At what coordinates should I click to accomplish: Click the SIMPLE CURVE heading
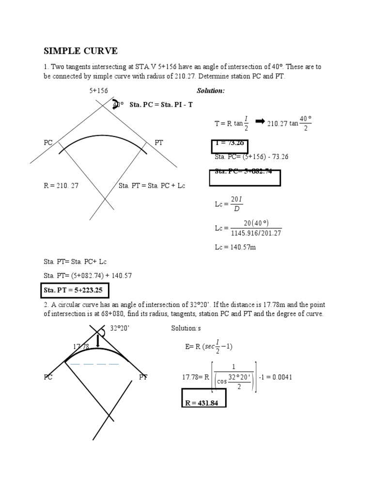tap(81, 51)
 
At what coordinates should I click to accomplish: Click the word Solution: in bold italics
tap(210, 91)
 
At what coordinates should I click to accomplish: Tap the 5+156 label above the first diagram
tap(98, 91)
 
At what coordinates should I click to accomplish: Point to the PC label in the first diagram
tap(48, 143)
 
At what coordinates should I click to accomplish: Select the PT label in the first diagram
tap(159, 143)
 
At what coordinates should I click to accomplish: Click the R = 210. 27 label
tap(61, 186)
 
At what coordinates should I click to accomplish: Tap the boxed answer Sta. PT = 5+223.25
tap(73, 291)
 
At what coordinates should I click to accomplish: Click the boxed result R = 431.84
tap(205, 403)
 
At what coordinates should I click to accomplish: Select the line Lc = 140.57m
tap(235, 247)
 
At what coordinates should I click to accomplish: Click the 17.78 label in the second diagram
tap(81, 347)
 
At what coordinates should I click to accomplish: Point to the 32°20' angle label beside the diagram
tap(120, 328)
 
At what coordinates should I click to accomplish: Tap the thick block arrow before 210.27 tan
tap(259, 121)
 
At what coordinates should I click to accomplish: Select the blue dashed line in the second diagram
tap(94, 364)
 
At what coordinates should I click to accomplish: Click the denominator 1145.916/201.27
tap(256, 233)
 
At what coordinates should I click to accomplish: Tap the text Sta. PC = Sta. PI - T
tap(161, 105)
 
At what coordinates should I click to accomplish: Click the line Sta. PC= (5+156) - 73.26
tap(251, 157)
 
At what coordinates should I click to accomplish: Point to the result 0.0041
tap(281, 377)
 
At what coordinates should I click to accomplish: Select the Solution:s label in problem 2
tap(186, 328)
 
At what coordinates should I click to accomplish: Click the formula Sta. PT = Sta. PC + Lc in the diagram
tap(152, 186)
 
